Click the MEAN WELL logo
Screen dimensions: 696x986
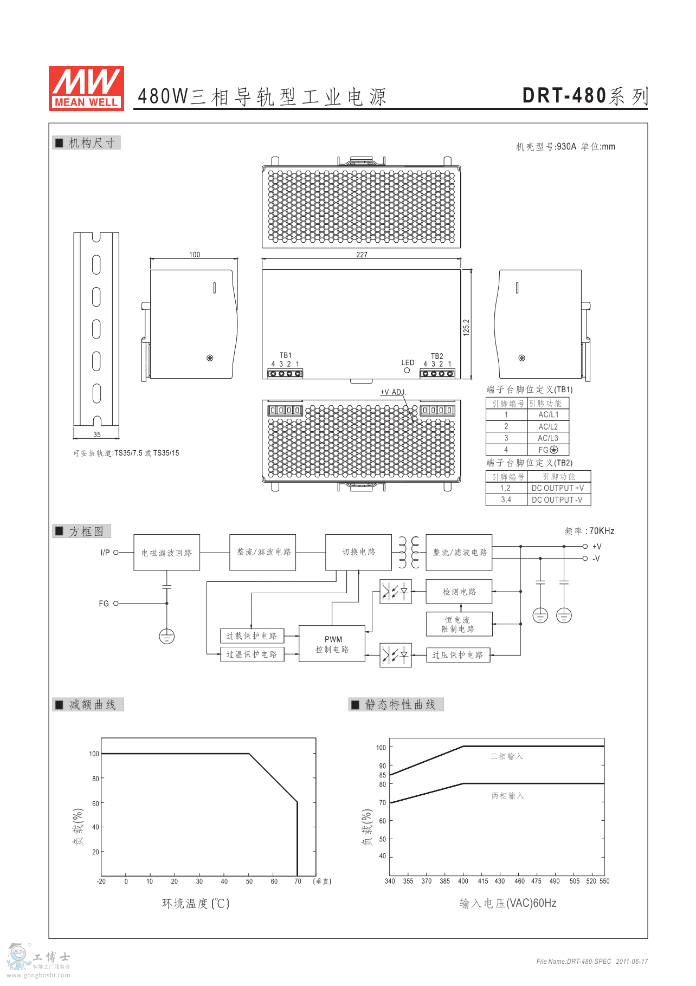(86, 88)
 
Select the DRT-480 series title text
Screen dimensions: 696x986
(585, 96)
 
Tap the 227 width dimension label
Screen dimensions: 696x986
(362, 255)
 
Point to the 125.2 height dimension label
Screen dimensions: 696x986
(466, 327)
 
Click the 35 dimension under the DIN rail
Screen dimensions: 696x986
(97, 434)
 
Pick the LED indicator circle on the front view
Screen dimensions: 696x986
(407, 371)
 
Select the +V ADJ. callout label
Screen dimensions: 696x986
(393, 392)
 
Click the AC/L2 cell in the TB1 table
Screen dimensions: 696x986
(548, 427)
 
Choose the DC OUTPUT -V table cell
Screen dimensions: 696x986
(559, 500)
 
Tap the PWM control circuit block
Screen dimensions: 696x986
(332, 644)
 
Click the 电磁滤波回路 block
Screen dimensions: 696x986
(167, 553)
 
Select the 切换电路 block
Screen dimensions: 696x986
(358, 552)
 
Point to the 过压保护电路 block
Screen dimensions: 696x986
(458, 655)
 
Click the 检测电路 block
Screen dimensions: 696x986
(459, 592)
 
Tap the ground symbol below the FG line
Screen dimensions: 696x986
(167, 637)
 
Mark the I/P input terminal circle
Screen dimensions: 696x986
(116, 553)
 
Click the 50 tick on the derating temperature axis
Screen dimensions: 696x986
(249, 881)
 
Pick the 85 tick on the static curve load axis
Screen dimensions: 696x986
(383, 775)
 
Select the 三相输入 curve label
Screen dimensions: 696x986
(507, 756)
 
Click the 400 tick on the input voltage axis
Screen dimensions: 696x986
(463, 881)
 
